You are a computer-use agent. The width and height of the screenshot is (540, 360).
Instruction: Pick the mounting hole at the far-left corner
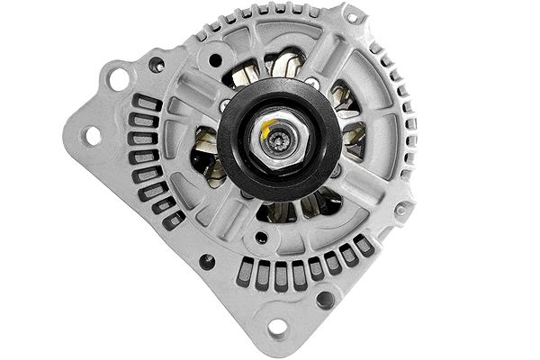[90, 136]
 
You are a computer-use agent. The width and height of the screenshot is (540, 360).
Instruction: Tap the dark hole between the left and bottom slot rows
[207, 262]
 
